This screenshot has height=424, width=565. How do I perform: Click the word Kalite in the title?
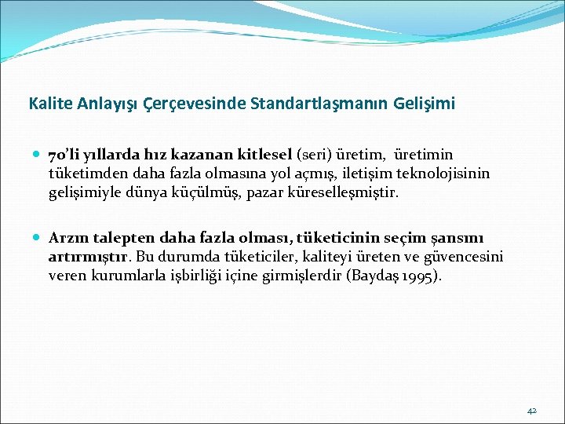click(47, 103)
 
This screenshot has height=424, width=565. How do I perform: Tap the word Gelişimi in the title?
click(428, 103)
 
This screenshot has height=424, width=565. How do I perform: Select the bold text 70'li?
click(64, 155)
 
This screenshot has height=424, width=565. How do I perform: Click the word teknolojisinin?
click(447, 174)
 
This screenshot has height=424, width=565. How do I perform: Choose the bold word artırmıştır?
click(89, 257)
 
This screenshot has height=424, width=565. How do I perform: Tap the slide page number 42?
click(531, 411)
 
